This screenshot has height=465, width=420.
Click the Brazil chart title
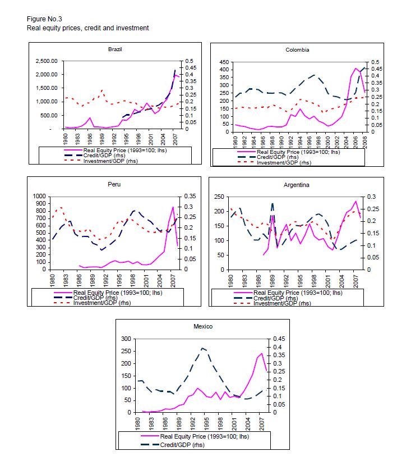(x=115, y=49)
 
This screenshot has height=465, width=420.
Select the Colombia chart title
(x=297, y=49)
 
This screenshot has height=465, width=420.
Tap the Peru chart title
(x=115, y=184)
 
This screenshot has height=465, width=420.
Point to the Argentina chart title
(x=297, y=184)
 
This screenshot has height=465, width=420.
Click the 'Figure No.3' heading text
(x=44, y=19)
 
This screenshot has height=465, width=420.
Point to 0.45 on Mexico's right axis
(x=278, y=339)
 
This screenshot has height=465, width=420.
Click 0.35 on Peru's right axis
(x=189, y=197)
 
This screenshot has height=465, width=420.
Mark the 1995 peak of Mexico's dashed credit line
(x=203, y=348)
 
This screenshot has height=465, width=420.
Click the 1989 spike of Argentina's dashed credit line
(x=273, y=204)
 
